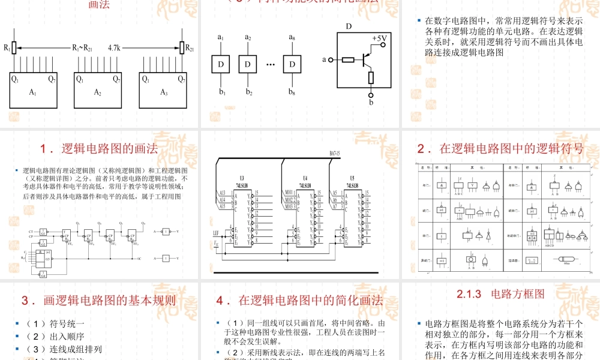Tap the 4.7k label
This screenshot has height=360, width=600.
(x=115, y=47)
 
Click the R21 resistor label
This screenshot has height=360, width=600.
(x=188, y=47)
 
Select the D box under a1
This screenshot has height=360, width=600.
(x=221, y=64)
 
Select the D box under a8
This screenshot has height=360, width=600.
(x=292, y=64)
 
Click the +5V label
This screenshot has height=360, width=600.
(x=380, y=38)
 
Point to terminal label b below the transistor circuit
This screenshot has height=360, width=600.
(x=371, y=103)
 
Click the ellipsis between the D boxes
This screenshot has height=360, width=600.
(x=270, y=64)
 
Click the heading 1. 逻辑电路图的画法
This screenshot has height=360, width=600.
(x=98, y=148)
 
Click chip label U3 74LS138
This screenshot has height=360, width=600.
(x=242, y=182)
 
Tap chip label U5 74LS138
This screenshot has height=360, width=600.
(x=353, y=182)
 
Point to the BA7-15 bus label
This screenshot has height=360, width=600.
(x=338, y=154)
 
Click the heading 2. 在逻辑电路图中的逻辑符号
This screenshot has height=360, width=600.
(x=500, y=148)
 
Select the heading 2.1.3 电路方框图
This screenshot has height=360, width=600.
(x=500, y=295)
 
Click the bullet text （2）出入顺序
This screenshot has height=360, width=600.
(x=55, y=337)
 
